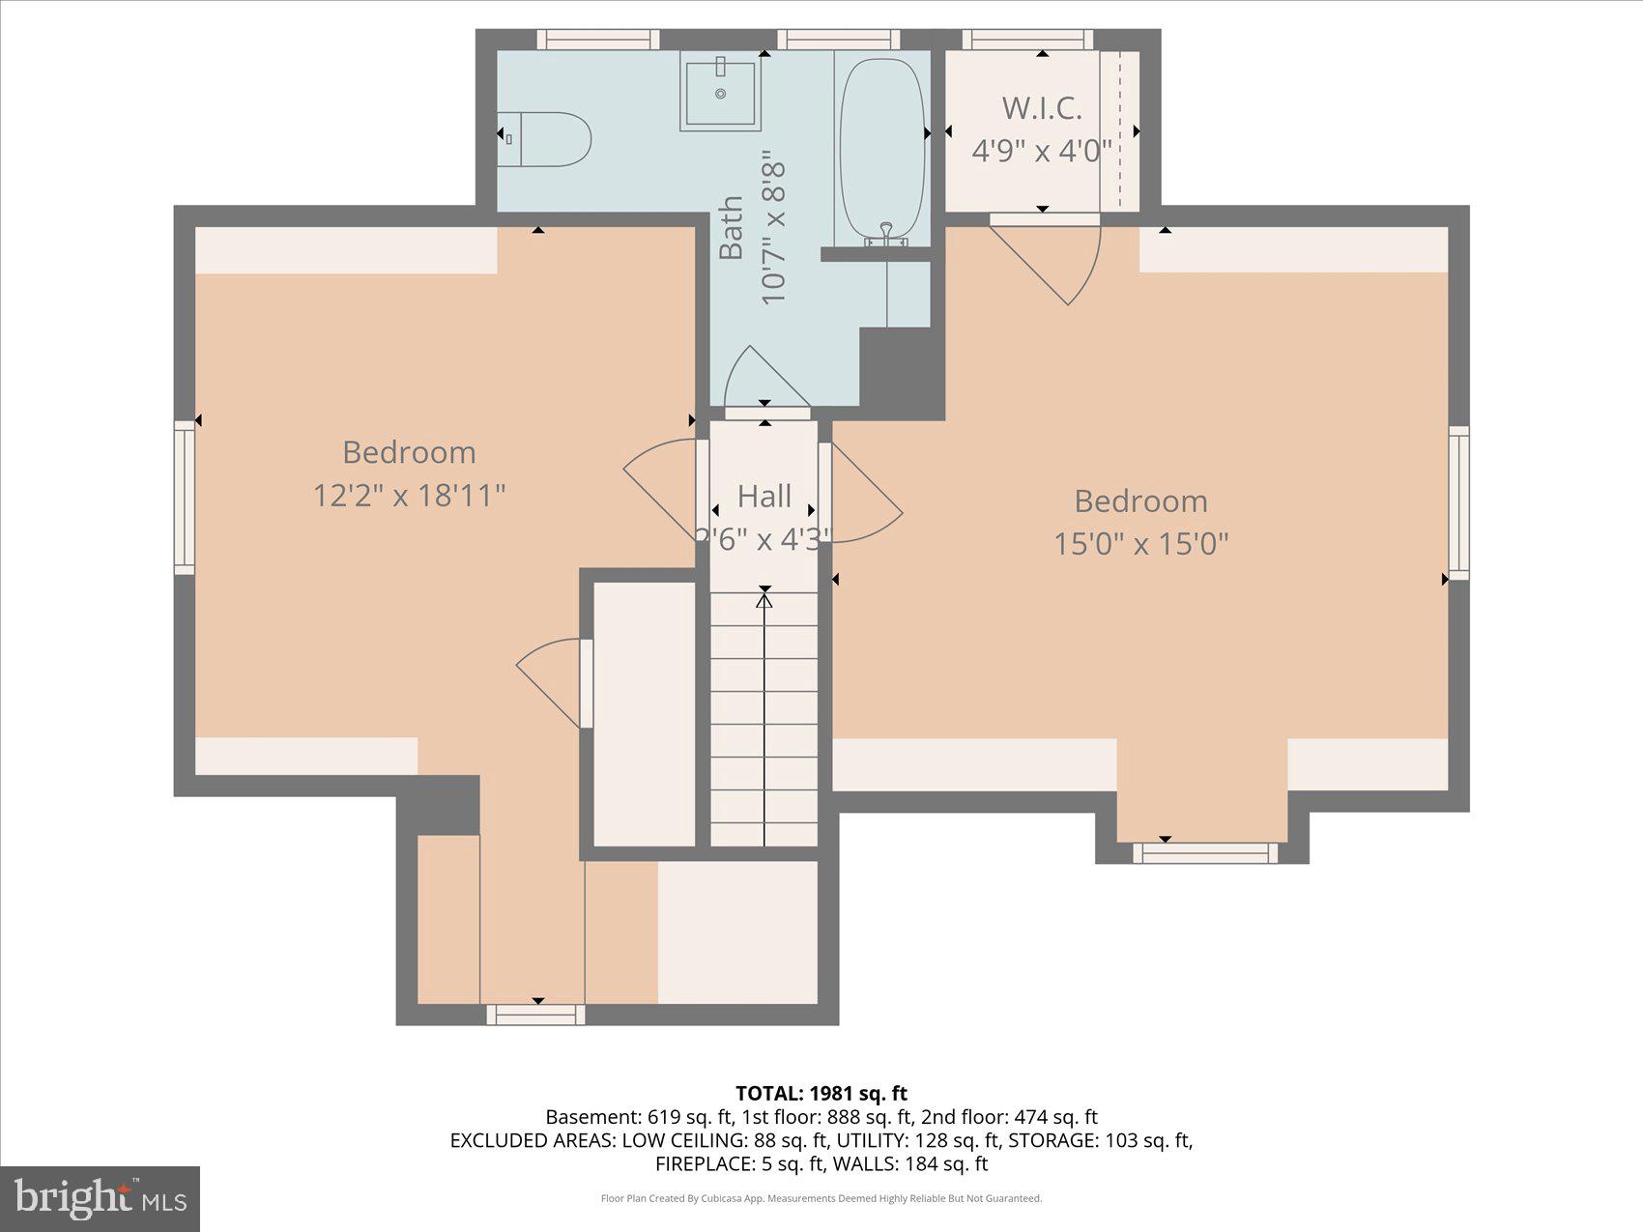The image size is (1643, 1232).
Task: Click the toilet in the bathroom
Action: [x=546, y=139]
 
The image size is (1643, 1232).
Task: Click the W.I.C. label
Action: [x=1042, y=108]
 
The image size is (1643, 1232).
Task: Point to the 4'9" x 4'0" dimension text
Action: [x=1042, y=152]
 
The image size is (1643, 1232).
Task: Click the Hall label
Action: [x=764, y=497]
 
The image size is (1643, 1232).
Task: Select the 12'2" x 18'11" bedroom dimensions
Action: [x=409, y=496]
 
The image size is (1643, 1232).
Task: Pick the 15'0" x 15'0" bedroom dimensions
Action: [x=1140, y=544]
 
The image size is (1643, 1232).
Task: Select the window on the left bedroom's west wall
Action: [x=184, y=498]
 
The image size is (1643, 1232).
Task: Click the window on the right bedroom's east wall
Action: [x=1458, y=502]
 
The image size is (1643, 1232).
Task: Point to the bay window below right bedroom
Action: [x=1204, y=853]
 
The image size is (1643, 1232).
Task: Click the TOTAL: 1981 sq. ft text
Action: [x=821, y=1094]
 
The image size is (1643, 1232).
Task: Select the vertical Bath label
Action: [x=732, y=228]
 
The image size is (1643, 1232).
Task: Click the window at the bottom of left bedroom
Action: [x=535, y=1015]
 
